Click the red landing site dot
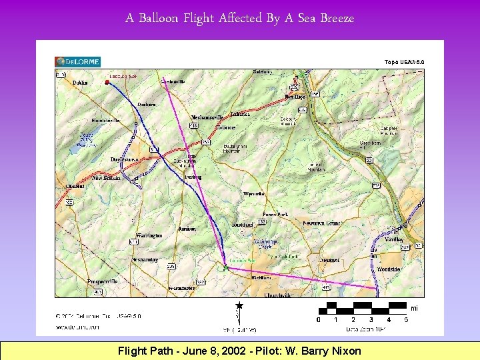[107, 82]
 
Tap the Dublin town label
[80, 83]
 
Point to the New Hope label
[295, 97]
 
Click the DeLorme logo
[77, 62]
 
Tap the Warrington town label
[149, 236]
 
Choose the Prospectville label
[102, 281]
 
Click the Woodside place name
[389, 269]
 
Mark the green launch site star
[225, 267]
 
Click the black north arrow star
[239, 305]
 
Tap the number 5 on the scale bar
[406, 320]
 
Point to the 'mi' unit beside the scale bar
[414, 309]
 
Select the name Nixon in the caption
[345, 351]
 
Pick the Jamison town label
[187, 229]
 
